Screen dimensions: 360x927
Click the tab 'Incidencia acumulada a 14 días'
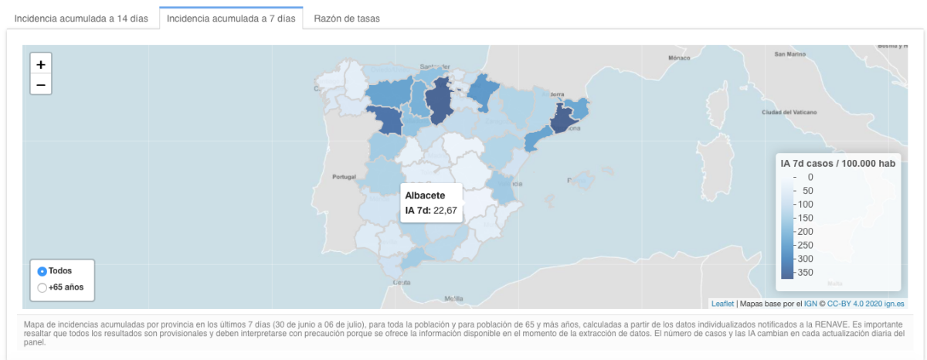pyautogui.click(x=81, y=19)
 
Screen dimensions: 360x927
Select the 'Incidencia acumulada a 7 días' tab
pyautogui.click(x=231, y=19)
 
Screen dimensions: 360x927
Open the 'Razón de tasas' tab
pyautogui.click(x=347, y=19)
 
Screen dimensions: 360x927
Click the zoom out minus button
pyautogui.click(x=41, y=84)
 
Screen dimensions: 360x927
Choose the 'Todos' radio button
pyautogui.click(x=42, y=271)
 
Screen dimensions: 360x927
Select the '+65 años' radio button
pyautogui.click(x=42, y=287)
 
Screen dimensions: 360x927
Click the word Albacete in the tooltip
pyautogui.click(x=425, y=195)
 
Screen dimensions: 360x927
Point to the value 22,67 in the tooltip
pyautogui.click(x=446, y=210)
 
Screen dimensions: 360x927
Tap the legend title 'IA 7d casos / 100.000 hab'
pyautogui.click(x=838, y=163)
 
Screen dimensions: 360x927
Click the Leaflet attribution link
pyautogui.click(x=722, y=304)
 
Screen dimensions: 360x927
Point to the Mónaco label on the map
pyautogui.click(x=678, y=58)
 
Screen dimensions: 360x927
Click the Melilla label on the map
pyautogui.click(x=453, y=298)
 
